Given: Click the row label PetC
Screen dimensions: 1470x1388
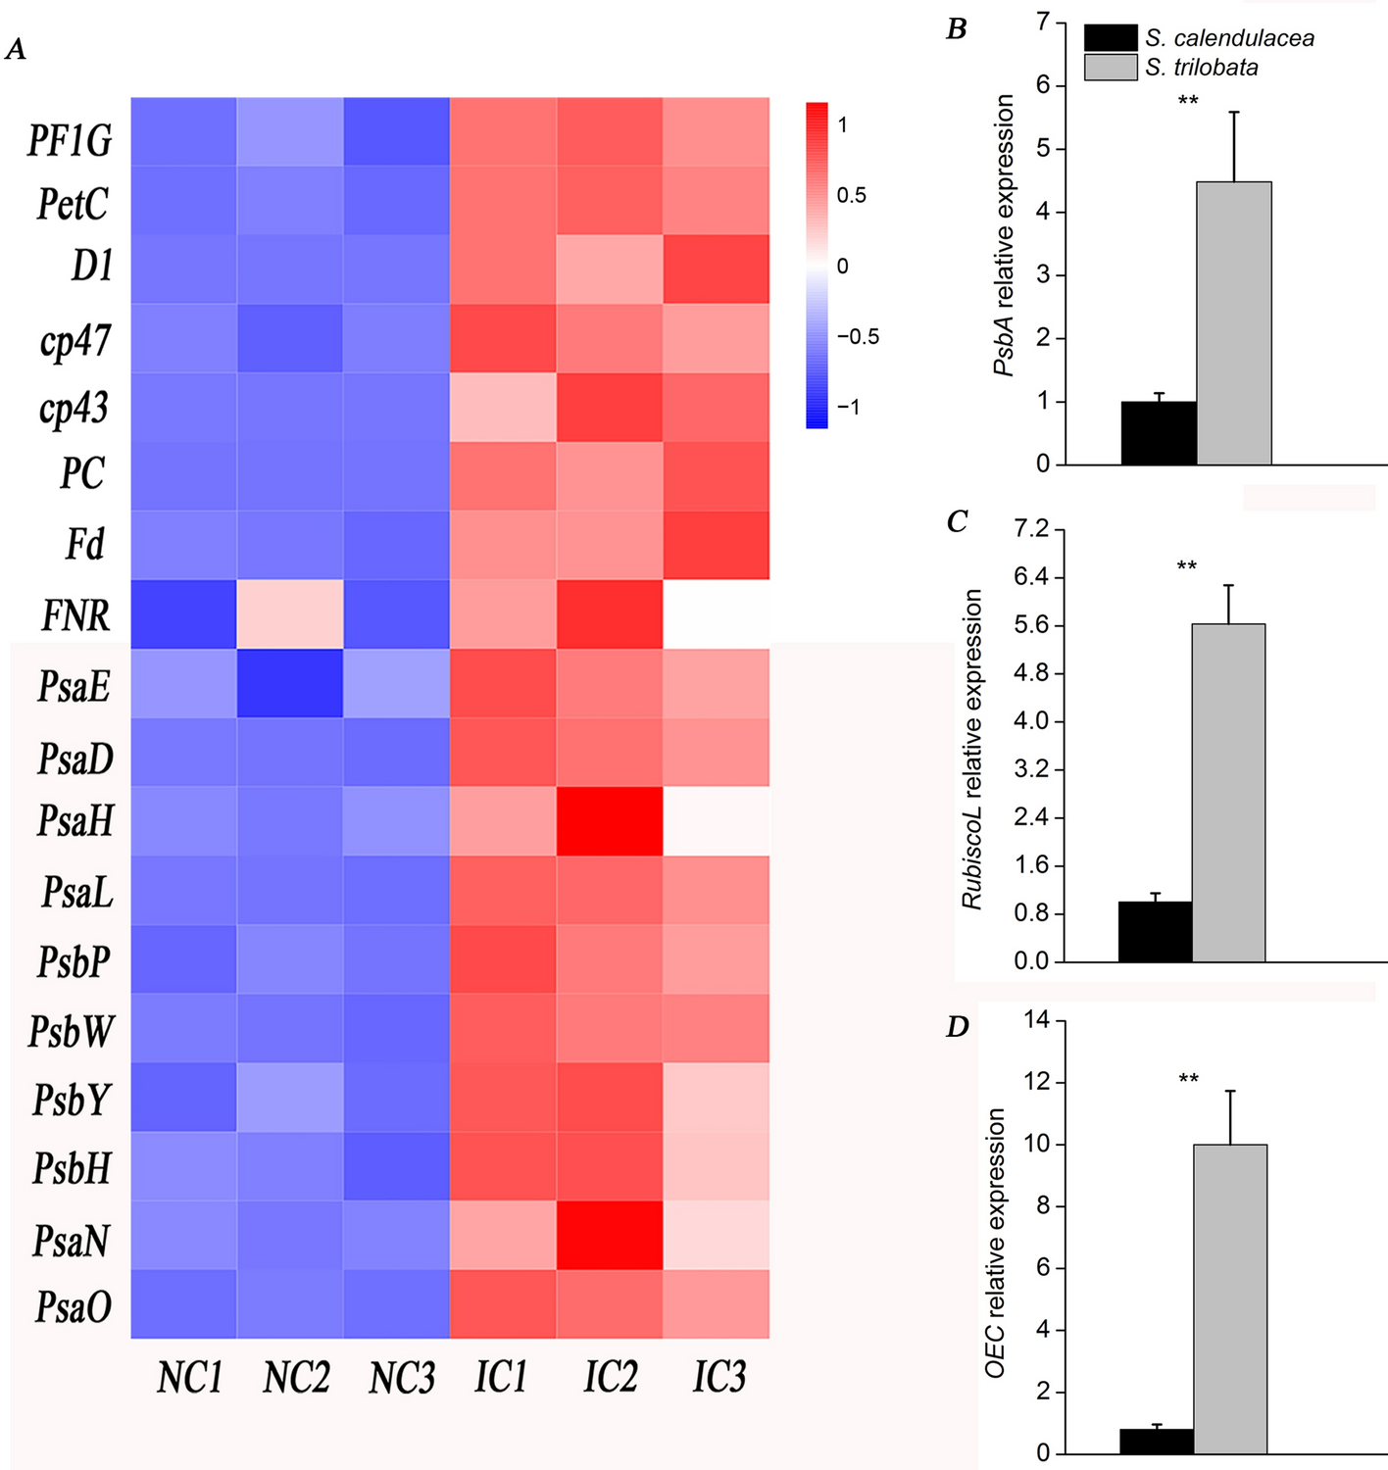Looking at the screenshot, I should click(x=73, y=205).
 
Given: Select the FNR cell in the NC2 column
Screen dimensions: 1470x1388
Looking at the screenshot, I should click(x=290, y=613).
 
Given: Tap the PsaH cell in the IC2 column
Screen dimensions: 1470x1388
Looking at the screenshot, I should click(x=610, y=821).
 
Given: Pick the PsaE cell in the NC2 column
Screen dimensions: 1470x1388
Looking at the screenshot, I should click(x=290, y=683).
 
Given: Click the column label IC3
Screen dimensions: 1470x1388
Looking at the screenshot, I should click(x=719, y=1377).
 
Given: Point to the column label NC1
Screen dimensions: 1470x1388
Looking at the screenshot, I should click(x=189, y=1377).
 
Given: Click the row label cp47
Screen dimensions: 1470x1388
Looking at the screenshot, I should click(x=75, y=341).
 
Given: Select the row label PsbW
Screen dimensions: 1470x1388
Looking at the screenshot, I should click(x=71, y=1032).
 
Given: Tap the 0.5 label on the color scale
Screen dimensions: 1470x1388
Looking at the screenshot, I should click(x=851, y=196).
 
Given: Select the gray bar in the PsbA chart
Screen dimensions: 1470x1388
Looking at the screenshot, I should click(x=1234, y=323).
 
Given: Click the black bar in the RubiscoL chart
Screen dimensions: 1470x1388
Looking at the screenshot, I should click(x=1155, y=932).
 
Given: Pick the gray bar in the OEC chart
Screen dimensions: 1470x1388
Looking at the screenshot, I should click(x=1230, y=1298).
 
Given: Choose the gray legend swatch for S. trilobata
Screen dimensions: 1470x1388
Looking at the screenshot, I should click(x=1110, y=68).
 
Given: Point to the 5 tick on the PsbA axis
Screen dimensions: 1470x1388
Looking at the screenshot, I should click(x=1043, y=149).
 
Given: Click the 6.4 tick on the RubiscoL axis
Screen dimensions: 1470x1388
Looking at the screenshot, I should click(x=1031, y=577).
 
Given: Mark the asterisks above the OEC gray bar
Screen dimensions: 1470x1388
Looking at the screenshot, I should click(x=1188, y=1080).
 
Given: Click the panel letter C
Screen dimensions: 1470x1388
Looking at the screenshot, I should click(x=958, y=521).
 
